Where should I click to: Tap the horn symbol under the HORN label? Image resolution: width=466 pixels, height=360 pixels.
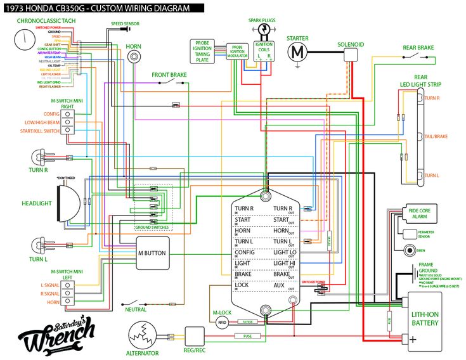(x=134, y=57)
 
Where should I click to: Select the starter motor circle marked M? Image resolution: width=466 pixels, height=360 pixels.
(x=297, y=53)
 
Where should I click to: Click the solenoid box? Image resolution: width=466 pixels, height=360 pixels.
(x=350, y=56)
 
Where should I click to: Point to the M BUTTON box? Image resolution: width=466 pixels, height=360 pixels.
(x=152, y=253)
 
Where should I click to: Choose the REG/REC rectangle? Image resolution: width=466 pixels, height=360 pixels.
(x=193, y=335)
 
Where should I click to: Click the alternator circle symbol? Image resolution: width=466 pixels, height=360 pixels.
(x=143, y=334)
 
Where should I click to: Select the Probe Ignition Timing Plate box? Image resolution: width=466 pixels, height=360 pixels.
(x=203, y=51)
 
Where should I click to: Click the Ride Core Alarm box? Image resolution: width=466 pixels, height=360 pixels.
(x=419, y=214)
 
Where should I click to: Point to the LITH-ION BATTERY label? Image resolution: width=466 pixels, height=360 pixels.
(x=425, y=318)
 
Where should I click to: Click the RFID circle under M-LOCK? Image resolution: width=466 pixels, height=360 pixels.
(x=222, y=322)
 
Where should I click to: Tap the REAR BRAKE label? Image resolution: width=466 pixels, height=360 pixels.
(x=418, y=48)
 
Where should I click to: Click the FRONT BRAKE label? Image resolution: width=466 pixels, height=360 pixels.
(x=169, y=75)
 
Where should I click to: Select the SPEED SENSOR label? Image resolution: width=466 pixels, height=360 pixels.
(x=125, y=23)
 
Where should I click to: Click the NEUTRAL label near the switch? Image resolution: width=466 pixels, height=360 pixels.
(x=136, y=309)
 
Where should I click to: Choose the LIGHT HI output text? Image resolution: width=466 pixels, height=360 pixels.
(x=283, y=263)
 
